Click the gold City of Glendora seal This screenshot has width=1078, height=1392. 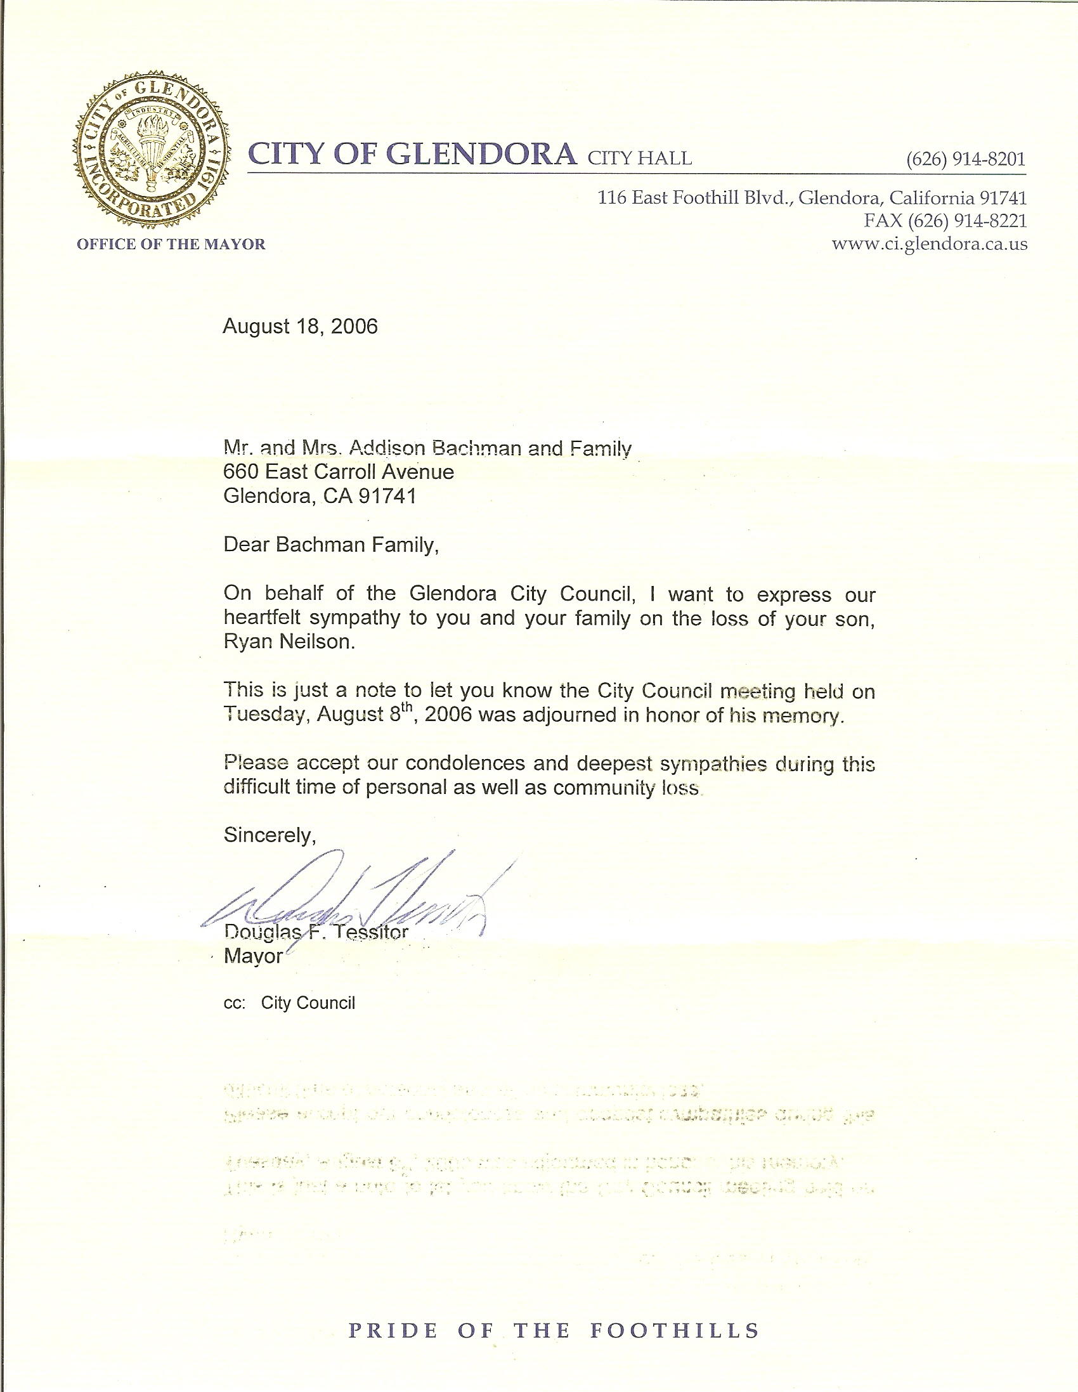(151, 151)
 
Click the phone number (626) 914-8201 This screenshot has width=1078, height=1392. (966, 159)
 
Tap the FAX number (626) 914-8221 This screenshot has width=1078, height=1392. (945, 221)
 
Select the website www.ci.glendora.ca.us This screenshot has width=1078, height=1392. (930, 244)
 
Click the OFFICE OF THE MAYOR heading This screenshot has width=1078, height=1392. (171, 244)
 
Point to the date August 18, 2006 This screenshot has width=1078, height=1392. (301, 327)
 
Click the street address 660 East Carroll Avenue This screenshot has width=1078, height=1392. (339, 472)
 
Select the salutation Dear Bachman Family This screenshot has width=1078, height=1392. (331, 544)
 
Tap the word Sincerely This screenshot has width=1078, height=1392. (269, 835)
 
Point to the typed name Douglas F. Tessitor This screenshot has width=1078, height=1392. (316, 932)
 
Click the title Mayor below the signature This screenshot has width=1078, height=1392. (253, 956)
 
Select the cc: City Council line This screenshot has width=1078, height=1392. (289, 1003)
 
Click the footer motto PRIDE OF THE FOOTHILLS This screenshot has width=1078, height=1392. (554, 1331)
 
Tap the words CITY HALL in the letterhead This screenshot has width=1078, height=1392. (639, 158)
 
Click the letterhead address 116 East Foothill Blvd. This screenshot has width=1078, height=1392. (695, 198)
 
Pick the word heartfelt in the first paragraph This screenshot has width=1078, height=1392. (262, 618)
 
